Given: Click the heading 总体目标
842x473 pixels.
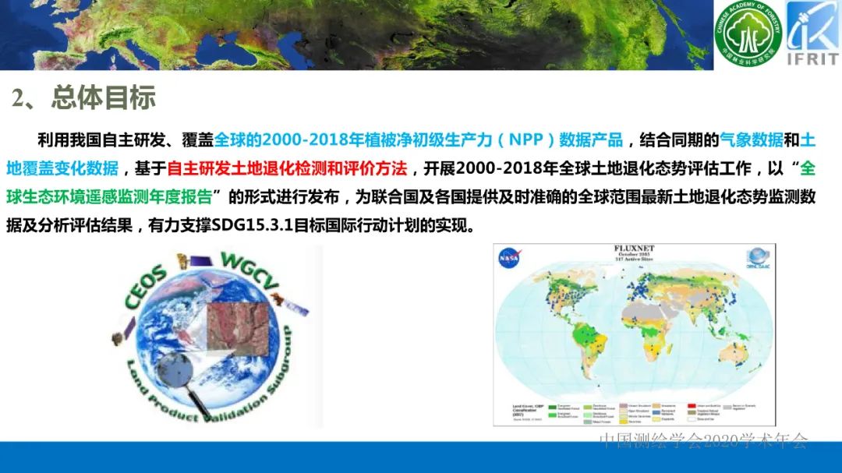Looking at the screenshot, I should click(x=103, y=97).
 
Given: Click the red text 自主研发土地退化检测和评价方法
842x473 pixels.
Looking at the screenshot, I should click(x=287, y=168).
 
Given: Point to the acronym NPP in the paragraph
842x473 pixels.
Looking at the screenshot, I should click(x=529, y=140).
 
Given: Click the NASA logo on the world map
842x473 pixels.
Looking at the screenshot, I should click(x=511, y=256).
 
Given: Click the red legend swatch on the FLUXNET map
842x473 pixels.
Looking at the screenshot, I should click(x=691, y=406).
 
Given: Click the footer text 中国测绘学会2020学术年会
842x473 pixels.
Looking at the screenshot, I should click(x=703, y=441).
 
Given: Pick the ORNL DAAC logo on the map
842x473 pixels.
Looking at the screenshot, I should click(x=757, y=258).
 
